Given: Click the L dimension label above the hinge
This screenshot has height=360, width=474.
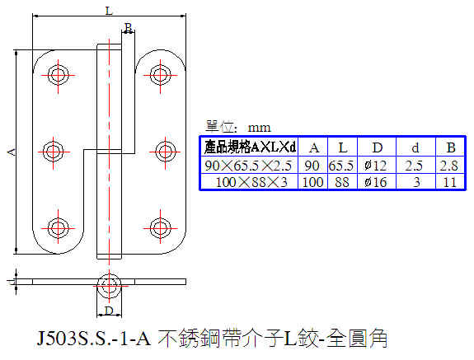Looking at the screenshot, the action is [109, 12].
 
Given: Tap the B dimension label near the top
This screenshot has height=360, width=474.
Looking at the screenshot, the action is [128, 28].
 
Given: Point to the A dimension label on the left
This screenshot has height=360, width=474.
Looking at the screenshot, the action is [12, 152].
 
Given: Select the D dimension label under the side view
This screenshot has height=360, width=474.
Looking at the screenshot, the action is [109, 311].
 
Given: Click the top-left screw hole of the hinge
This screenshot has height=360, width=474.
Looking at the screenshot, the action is [58, 74].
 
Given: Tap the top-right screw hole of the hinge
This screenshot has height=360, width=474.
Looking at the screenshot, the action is [160, 74].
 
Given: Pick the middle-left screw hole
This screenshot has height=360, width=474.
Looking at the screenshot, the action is [53, 152].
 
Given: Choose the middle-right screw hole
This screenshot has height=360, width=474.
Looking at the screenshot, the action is [165, 152].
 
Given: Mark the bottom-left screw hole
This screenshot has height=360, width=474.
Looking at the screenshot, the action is [58, 227].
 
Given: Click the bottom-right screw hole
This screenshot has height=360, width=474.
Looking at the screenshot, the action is [160, 227].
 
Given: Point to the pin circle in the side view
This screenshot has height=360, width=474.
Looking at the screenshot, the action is [109, 286].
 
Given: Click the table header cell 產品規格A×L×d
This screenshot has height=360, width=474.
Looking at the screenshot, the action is [250, 147].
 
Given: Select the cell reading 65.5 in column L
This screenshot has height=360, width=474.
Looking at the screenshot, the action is [341, 166].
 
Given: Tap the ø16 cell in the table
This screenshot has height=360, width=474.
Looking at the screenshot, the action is [376, 182].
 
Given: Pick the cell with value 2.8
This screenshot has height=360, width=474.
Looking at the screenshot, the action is [449, 166].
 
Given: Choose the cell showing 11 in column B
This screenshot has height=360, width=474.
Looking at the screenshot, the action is [449, 182].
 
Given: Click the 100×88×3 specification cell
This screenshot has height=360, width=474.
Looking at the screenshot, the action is [251, 182].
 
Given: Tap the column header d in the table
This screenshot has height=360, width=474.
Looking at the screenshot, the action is [415, 147].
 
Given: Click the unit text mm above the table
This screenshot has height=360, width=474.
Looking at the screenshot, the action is [259, 128].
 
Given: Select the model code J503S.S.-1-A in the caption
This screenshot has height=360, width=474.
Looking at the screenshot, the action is [93, 338].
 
